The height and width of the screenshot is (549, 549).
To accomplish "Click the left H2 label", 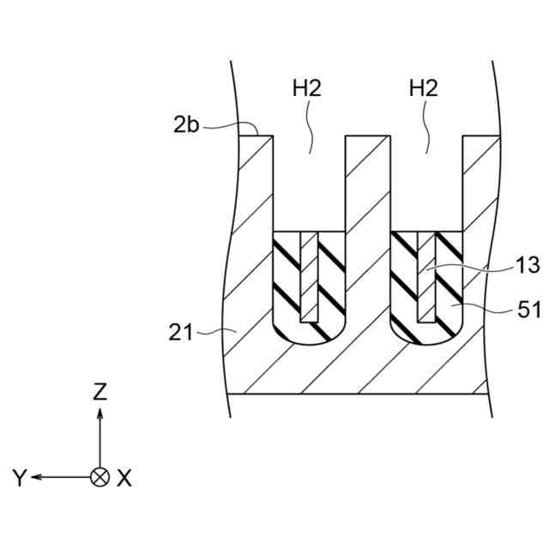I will pyautogui.click(x=308, y=87).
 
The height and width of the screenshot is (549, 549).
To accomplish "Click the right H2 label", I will pyautogui.click(x=425, y=87).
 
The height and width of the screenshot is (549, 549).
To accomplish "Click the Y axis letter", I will pyautogui.click(x=20, y=478).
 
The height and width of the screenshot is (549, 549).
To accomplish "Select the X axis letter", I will pyautogui.click(x=125, y=478).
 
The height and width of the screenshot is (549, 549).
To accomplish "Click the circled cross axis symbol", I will pyautogui.click(x=100, y=477).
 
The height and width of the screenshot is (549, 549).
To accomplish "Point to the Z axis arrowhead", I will pyautogui.click(x=100, y=413).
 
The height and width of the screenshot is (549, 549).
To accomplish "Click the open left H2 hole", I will pyautogui.click(x=308, y=184).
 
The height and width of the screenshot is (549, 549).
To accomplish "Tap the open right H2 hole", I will pyautogui.click(x=426, y=184).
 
